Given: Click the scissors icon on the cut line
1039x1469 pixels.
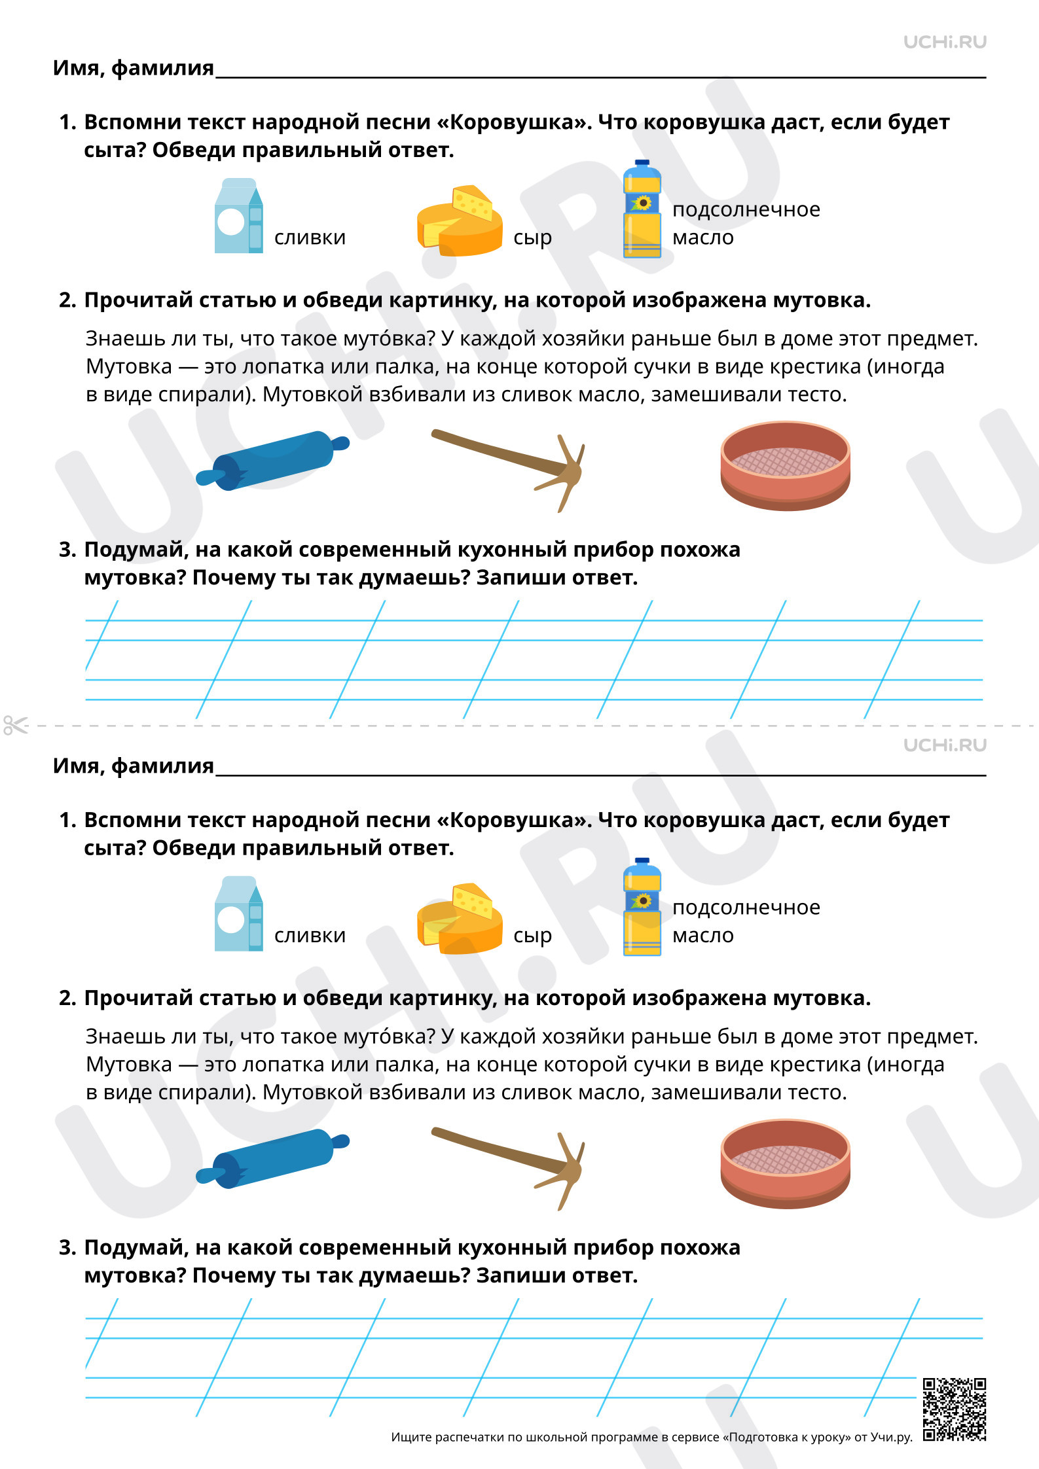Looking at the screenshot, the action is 16,725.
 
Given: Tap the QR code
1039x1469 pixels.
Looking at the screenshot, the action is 955,1409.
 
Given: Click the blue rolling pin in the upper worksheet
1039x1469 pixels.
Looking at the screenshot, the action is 273,460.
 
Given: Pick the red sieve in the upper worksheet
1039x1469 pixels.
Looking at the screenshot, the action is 785,465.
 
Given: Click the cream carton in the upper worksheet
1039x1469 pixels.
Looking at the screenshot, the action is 238,216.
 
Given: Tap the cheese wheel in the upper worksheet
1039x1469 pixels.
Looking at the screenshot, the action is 460,221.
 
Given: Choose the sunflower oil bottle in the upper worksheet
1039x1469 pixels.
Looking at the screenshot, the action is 642,209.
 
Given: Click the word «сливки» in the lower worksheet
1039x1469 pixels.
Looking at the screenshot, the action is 310,935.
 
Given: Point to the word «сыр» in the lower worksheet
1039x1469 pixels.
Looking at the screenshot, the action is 532,936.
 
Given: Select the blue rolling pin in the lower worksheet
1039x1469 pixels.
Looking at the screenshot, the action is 273,1158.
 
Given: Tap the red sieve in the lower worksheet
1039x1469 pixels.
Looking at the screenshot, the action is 785,1163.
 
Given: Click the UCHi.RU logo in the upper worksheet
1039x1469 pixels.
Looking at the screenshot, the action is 945,42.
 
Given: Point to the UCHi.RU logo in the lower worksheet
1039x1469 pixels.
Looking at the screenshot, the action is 945,745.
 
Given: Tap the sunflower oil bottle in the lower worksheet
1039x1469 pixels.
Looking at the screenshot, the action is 642,907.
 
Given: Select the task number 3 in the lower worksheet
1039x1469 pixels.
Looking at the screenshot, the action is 67,1248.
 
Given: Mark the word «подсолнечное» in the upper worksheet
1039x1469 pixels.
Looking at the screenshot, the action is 746,209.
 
